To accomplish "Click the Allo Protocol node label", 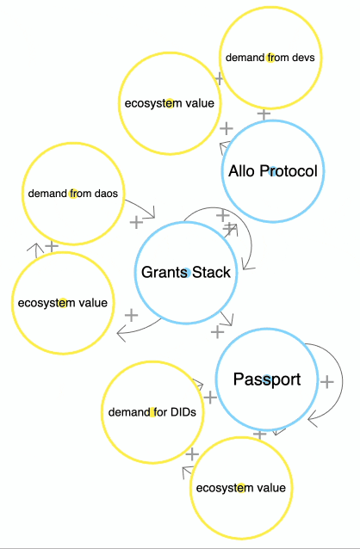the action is [273, 171].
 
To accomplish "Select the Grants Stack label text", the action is [186, 273].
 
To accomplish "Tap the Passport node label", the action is [267, 379].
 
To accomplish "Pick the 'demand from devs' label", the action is [270, 58].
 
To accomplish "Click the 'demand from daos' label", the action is [73, 194].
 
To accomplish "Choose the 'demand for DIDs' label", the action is [152, 412].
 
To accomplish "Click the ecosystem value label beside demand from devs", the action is [170, 103].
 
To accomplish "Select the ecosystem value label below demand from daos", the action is [63, 303].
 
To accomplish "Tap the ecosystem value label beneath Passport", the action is [241, 488].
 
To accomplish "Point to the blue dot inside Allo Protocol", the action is [273, 171].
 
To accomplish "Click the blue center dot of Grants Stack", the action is [187, 273].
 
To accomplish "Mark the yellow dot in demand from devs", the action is [270, 58].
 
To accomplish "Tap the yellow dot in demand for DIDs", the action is [152, 412].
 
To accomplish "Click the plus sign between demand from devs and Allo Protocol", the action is [264, 114].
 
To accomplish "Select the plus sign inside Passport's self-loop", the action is [326, 382].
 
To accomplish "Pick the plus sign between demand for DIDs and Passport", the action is [210, 398].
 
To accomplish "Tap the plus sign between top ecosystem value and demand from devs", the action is [219, 78].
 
